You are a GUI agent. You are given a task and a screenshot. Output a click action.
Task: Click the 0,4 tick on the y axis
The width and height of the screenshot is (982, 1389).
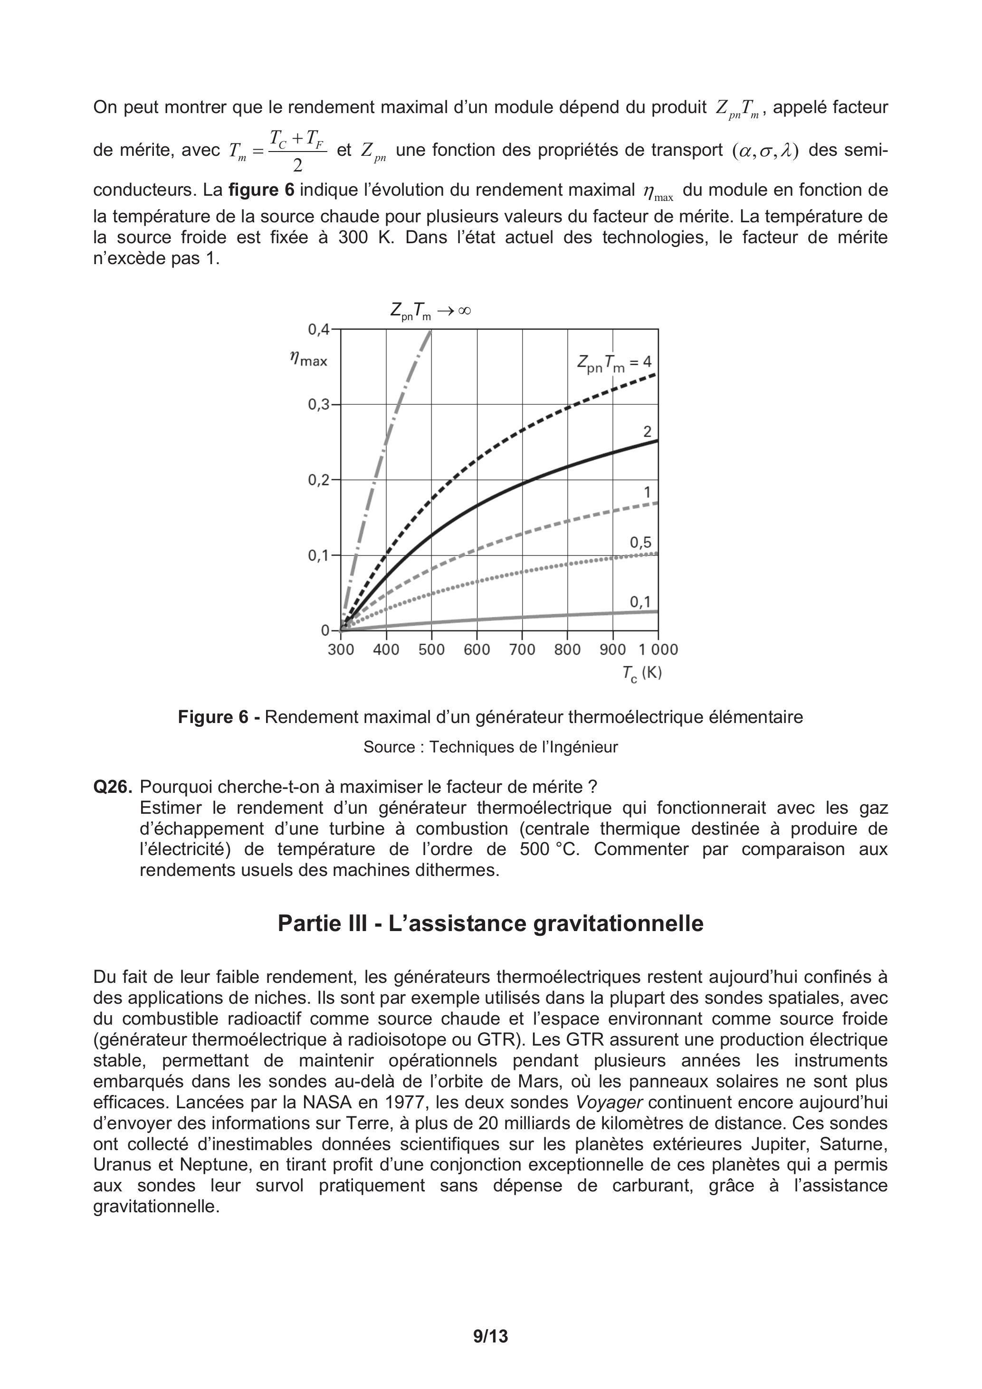[319, 330]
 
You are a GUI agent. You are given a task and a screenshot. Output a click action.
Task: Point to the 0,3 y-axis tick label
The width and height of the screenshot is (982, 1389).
[319, 405]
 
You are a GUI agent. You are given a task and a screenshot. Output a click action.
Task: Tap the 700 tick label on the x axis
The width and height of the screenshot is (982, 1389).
[522, 650]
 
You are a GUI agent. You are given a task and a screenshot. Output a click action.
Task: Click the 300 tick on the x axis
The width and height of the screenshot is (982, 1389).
[341, 650]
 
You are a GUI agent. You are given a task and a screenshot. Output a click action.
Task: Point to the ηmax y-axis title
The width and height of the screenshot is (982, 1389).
[309, 360]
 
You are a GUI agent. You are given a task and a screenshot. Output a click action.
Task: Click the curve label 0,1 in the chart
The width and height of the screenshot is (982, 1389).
[640, 602]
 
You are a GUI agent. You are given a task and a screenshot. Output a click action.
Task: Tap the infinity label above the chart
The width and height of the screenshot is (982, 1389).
[430, 312]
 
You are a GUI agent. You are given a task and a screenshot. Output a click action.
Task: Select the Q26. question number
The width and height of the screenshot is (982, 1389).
[112, 787]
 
